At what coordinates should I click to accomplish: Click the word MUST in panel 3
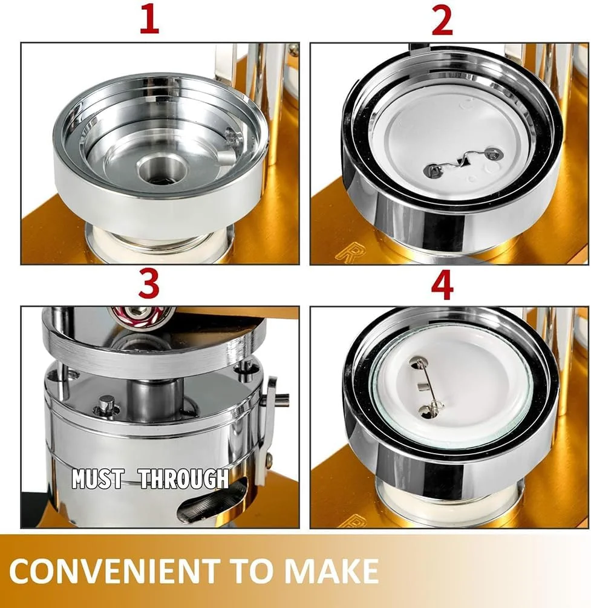tap(98, 479)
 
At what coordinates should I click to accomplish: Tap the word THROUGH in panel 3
tap(184, 479)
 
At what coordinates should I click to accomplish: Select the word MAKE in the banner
tap(331, 570)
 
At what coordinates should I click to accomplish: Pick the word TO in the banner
tap(252, 570)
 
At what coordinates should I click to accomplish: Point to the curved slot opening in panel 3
tap(212, 501)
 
